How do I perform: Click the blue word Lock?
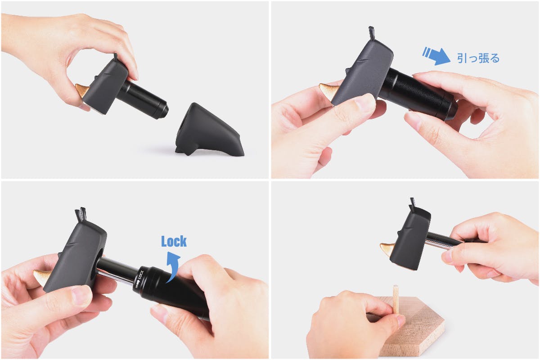(x=174, y=241)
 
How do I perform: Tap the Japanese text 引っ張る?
(x=478, y=58)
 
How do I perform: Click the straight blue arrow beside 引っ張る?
(x=436, y=56)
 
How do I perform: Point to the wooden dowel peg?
(x=396, y=299)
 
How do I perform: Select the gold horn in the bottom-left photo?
(x=42, y=277)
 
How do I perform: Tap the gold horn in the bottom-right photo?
(x=387, y=250)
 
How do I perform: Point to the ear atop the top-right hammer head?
(x=372, y=33)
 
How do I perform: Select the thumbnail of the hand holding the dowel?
(x=400, y=320)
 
